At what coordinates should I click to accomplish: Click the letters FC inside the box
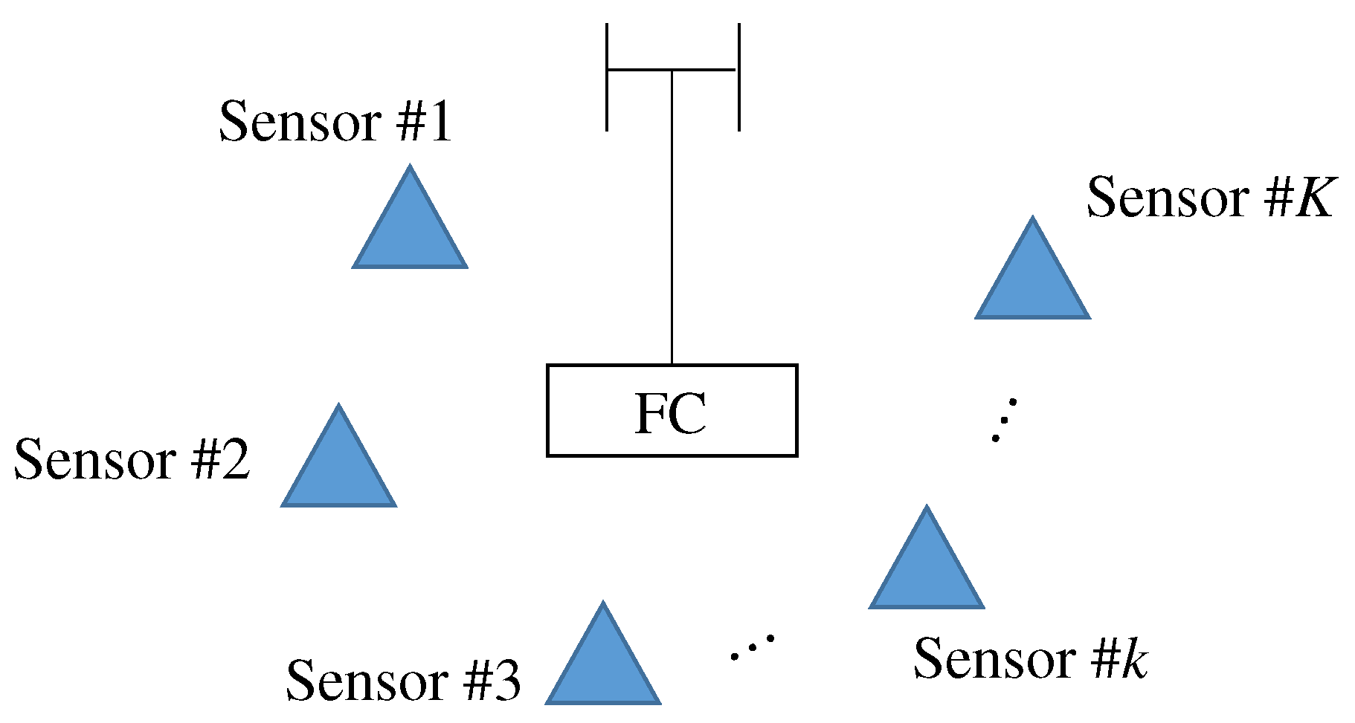pyautogui.click(x=671, y=414)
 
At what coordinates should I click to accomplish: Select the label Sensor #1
pyautogui.click(x=335, y=122)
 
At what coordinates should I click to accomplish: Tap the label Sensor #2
pyautogui.click(x=132, y=459)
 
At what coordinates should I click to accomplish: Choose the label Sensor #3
pyautogui.click(x=403, y=680)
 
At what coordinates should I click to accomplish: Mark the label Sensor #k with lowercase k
pyautogui.click(x=1030, y=658)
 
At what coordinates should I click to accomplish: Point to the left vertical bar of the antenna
pyautogui.click(x=607, y=77)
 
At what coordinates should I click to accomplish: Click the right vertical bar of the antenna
pyautogui.click(x=738, y=77)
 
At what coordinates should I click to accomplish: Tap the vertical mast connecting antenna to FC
pyautogui.click(x=672, y=223)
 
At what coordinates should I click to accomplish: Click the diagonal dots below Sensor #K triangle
pyautogui.click(x=1004, y=421)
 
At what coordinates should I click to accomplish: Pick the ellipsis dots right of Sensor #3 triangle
pyautogui.click(x=752, y=647)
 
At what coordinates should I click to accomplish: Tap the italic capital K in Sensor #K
pyautogui.click(x=1313, y=198)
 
